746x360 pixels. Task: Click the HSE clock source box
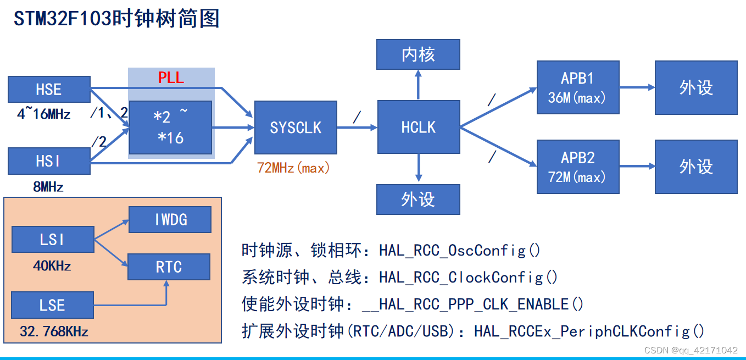[x=49, y=89]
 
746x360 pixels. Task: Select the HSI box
[x=49, y=161]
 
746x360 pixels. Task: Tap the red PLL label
[x=171, y=77]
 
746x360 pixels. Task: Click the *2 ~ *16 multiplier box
[x=170, y=128]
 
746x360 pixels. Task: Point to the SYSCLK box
[x=296, y=128]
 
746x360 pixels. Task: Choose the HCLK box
[x=419, y=128]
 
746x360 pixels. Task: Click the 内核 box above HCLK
[x=418, y=54]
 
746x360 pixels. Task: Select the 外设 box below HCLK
[x=418, y=199]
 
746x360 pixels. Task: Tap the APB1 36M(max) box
[x=578, y=87]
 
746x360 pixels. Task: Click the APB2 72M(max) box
[x=578, y=167]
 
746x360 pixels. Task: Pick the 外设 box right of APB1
[x=696, y=87]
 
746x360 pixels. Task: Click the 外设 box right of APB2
[x=696, y=167]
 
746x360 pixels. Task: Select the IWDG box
[x=170, y=220]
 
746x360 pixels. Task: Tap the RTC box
[x=169, y=267]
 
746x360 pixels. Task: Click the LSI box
[x=52, y=240]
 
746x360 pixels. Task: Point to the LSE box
[x=52, y=305]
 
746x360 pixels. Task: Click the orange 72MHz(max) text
[x=294, y=168]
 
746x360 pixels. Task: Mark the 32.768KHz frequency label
[x=54, y=331]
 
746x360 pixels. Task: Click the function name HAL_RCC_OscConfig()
[x=460, y=251]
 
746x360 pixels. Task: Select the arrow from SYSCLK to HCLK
[x=357, y=128]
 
